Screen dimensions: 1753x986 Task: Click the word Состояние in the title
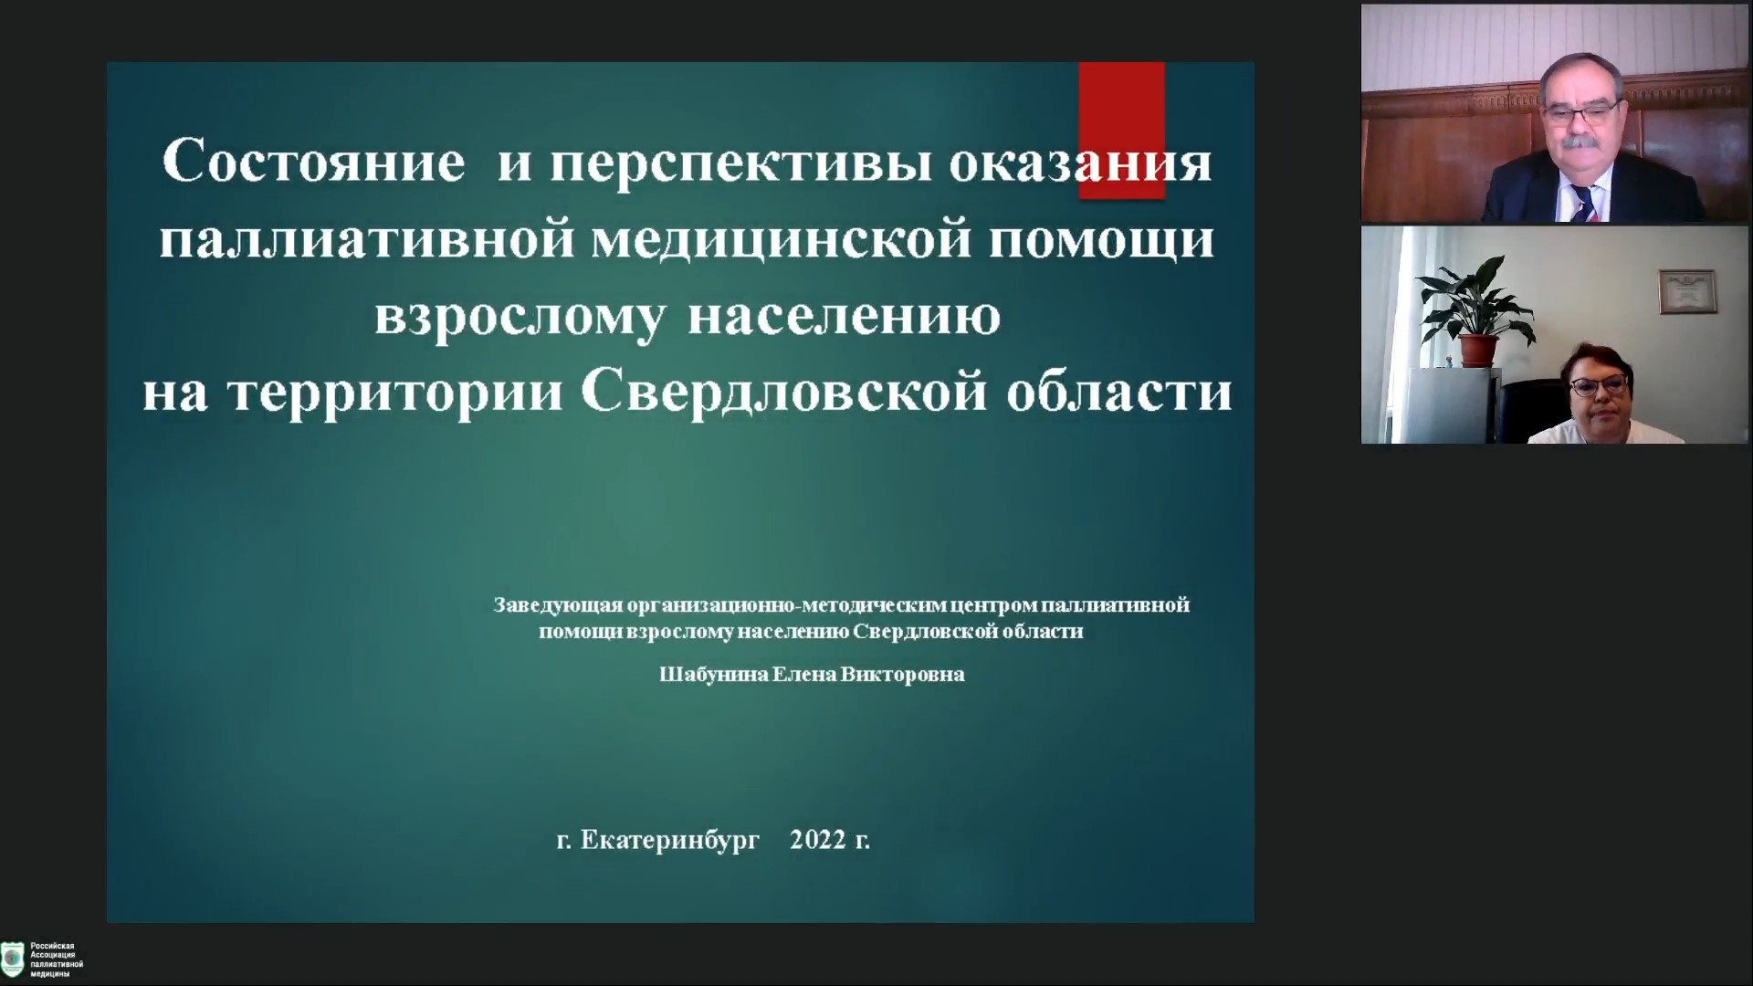(313, 163)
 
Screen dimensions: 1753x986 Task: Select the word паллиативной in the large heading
(368, 240)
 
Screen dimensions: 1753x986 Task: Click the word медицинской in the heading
(781, 240)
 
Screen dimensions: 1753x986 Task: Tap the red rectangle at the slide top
(1121, 130)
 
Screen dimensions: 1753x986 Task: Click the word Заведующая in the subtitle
(558, 605)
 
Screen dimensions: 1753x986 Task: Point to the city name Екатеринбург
(670, 840)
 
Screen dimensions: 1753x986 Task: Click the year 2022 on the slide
(818, 840)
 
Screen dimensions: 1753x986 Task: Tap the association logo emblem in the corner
(13, 960)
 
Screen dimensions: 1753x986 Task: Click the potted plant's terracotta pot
(1478, 351)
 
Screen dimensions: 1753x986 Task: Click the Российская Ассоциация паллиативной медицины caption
(57, 960)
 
